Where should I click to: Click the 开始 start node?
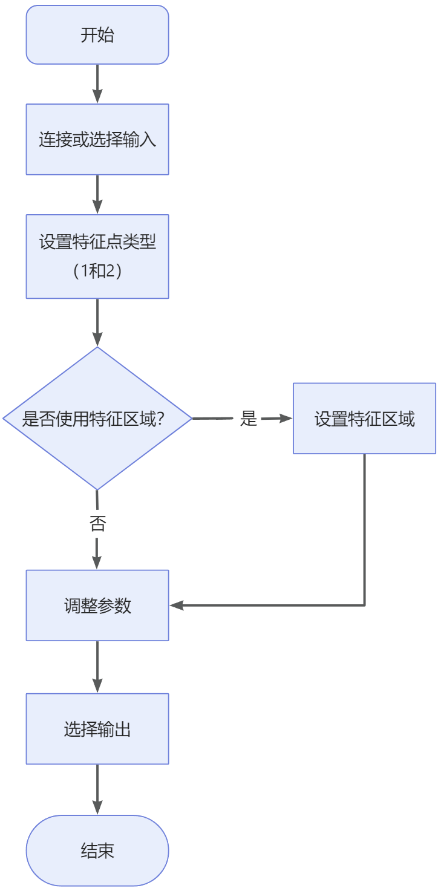[97, 35]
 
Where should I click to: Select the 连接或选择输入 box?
[97, 140]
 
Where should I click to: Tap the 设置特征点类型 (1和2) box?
[97, 256]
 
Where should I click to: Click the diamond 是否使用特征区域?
[97, 418]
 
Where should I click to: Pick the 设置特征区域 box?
[364, 419]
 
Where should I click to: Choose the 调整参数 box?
[97, 605]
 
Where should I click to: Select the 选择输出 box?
[97, 729]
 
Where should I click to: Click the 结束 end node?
[97, 851]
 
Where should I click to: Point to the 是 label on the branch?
[249, 418]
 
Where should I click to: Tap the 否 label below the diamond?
[97, 524]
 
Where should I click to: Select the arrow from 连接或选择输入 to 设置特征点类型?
[97, 195]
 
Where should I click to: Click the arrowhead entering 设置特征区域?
[286, 418]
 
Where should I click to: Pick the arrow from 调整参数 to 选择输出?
[97, 667]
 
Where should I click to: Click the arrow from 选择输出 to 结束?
[97, 790]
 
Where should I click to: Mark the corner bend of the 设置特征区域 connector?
[365, 605]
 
